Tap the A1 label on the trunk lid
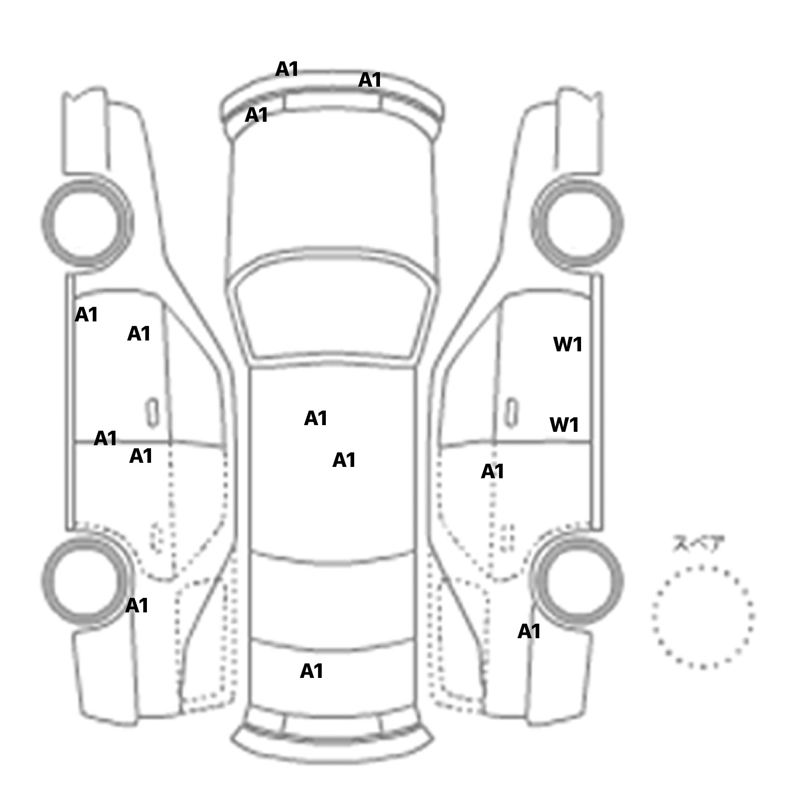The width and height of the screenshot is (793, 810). (311, 671)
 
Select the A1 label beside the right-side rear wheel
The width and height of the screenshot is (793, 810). (529, 631)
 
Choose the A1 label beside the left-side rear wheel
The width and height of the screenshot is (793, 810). (137, 606)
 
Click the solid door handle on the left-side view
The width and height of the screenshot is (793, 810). (153, 413)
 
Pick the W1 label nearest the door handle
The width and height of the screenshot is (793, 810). (564, 425)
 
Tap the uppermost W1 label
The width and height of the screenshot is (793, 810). (568, 344)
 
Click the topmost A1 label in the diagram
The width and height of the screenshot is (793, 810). (287, 69)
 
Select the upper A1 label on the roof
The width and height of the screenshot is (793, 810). (316, 418)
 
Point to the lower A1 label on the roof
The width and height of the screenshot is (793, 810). (344, 460)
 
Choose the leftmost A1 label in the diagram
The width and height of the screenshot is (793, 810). (87, 315)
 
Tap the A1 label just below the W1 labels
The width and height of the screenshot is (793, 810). (492, 472)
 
